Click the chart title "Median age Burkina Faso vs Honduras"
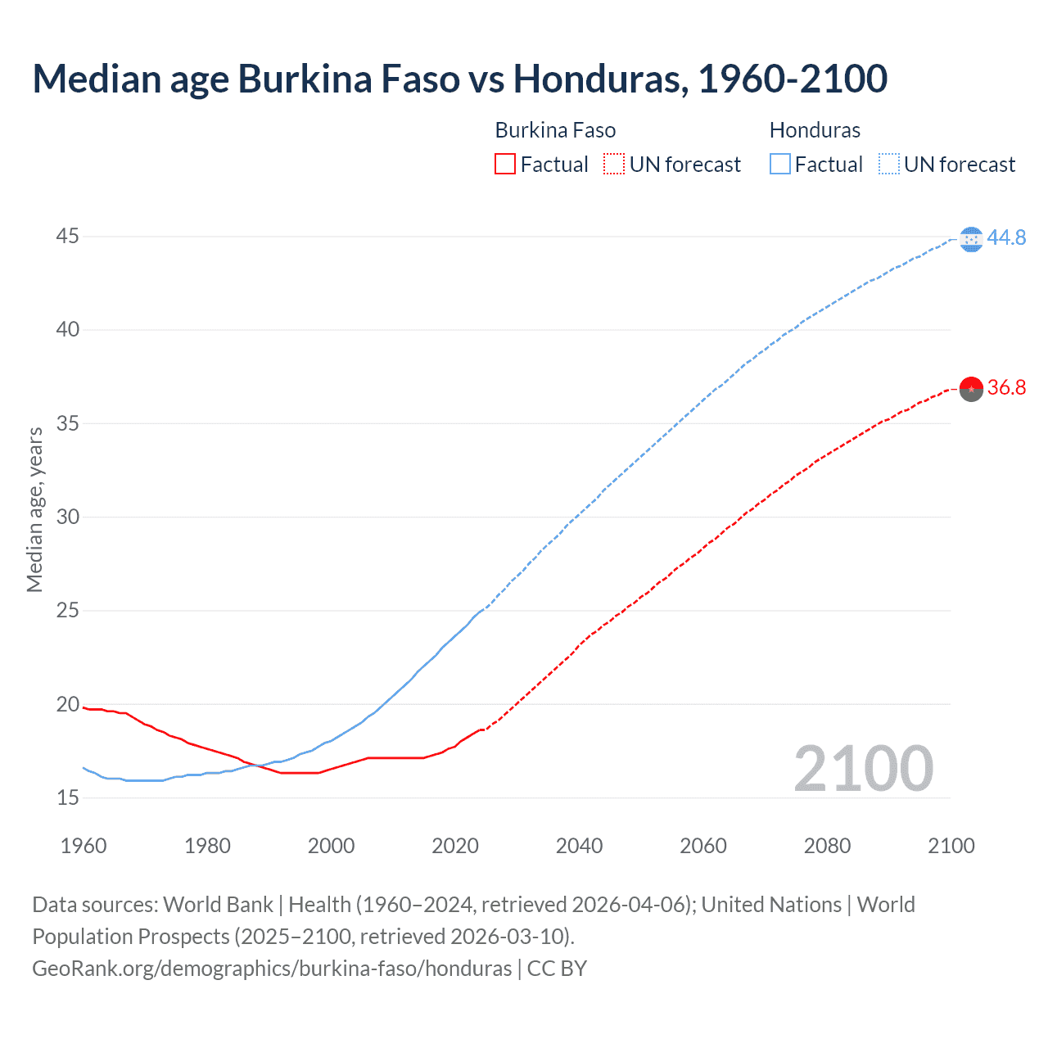point(459,79)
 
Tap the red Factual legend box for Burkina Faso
point(505,165)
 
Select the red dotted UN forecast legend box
point(614,165)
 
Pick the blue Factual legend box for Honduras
point(780,165)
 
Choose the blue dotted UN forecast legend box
point(888,165)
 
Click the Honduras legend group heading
point(815,130)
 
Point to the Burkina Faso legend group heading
point(555,130)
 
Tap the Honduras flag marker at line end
point(971,239)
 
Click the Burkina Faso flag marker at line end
point(971,389)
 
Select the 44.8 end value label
point(1006,237)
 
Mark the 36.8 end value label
point(1006,387)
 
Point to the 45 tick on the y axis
point(68,237)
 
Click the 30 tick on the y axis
point(68,517)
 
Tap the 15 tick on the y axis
point(68,797)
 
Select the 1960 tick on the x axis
point(84,846)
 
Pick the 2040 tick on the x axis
point(579,846)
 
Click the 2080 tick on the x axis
point(827,846)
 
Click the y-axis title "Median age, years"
point(34,509)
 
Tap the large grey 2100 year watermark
point(863,768)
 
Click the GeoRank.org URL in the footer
point(272,969)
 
